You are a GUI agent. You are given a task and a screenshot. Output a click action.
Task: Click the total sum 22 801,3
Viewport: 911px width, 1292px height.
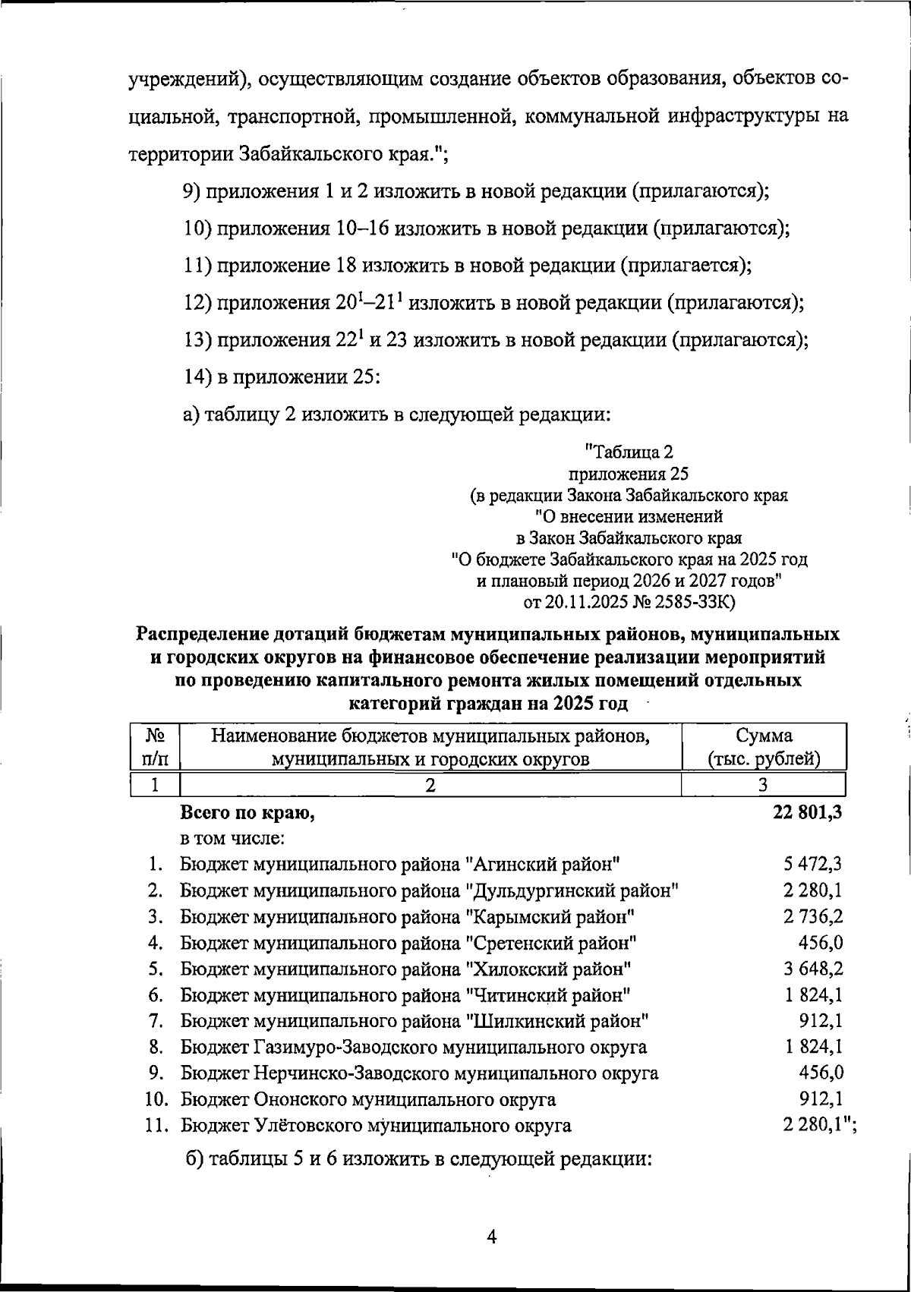[807, 812]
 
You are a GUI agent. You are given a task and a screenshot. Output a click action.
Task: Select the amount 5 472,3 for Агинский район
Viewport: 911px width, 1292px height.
[813, 864]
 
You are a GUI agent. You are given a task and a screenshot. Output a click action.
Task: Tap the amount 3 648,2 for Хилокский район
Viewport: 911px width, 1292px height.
[813, 969]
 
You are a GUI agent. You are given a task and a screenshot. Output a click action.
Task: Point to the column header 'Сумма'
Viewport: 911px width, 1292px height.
[764, 735]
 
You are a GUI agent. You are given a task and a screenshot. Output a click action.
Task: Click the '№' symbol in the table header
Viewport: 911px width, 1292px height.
[156, 735]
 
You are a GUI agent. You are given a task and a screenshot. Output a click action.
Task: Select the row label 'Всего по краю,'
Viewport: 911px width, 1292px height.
[247, 813]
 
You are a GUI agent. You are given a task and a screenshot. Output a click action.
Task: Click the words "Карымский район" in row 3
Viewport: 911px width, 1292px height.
[550, 916]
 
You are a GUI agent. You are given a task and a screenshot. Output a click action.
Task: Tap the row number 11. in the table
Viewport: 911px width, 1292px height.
[157, 1126]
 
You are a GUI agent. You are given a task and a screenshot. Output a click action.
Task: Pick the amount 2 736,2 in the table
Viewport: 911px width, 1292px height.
[813, 916]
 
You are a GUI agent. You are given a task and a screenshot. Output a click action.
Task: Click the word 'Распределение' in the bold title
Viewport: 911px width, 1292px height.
[215, 634]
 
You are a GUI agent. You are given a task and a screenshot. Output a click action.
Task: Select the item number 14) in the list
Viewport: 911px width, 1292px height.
[198, 377]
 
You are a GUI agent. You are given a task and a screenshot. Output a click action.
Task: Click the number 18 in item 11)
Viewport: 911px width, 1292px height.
[346, 266]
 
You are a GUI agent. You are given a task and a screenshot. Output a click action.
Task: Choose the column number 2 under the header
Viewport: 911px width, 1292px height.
[430, 785]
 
